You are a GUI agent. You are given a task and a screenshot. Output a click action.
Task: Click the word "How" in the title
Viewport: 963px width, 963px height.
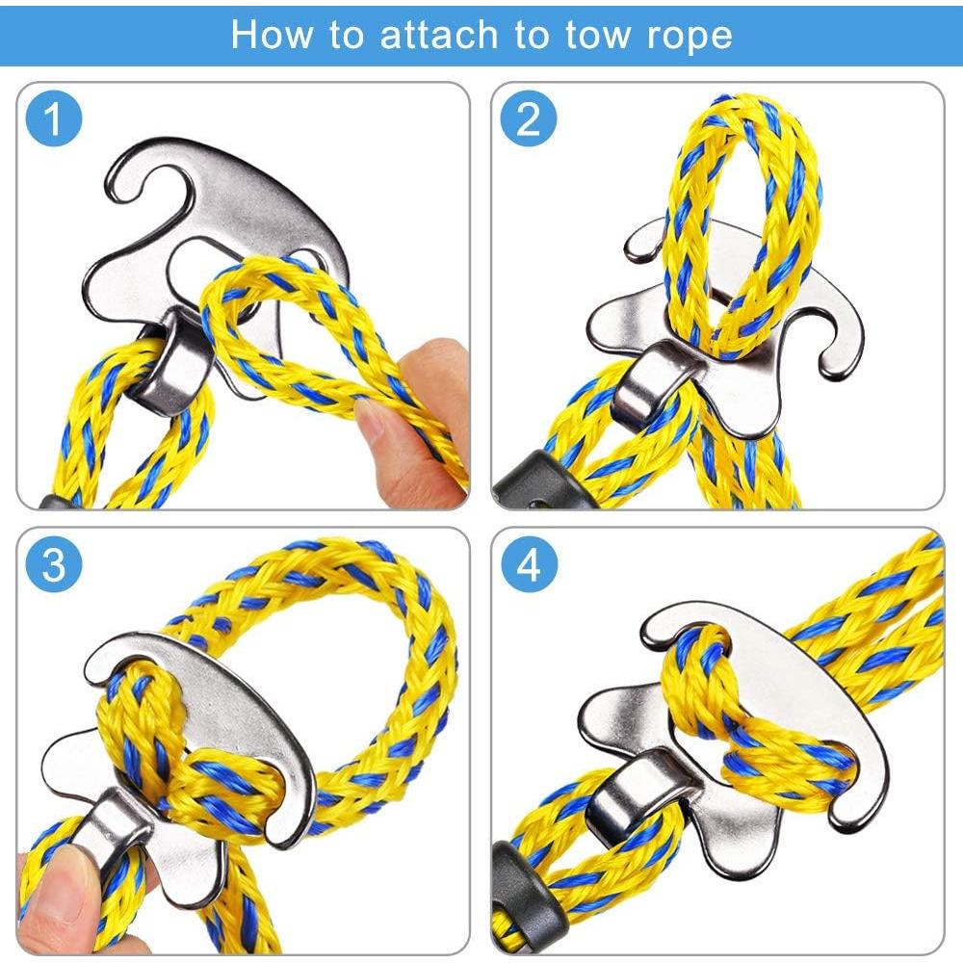(271, 35)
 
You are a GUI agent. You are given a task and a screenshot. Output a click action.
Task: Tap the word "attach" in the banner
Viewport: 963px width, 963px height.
(438, 35)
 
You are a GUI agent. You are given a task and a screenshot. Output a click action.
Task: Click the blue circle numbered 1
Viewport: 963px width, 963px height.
(54, 117)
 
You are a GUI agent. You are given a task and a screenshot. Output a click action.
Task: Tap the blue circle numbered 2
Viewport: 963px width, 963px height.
(528, 117)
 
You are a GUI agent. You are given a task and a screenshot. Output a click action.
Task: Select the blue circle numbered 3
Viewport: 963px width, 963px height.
(54, 563)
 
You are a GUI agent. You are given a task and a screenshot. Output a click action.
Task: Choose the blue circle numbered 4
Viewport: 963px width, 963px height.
(528, 563)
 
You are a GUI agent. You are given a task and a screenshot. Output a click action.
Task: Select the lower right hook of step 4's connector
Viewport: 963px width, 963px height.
(860, 793)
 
